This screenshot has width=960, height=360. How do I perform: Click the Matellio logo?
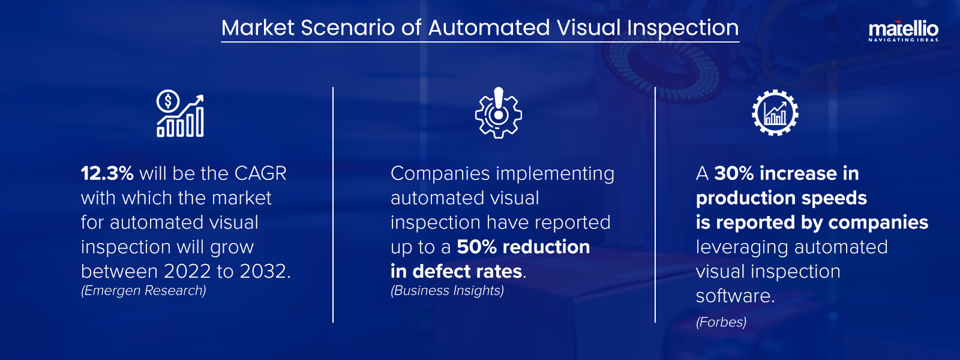click(903, 31)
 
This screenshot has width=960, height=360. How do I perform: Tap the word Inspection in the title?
click(683, 28)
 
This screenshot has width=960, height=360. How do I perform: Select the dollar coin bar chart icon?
click(180, 115)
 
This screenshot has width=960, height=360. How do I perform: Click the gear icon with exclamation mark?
click(498, 113)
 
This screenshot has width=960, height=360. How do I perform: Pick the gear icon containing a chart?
click(775, 113)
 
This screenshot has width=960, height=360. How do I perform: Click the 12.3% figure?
click(107, 173)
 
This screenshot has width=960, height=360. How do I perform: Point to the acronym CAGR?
click(260, 173)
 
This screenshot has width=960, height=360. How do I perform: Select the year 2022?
click(187, 271)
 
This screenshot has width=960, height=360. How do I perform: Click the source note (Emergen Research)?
click(143, 290)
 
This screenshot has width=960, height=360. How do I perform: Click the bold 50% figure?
click(476, 247)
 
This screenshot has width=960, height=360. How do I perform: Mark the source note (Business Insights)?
click(447, 290)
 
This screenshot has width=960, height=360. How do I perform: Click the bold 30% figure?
click(733, 173)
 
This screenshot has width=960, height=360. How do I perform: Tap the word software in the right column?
click(734, 296)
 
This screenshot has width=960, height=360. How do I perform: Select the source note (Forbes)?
click(721, 322)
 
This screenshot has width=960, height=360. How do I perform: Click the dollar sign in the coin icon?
click(168, 101)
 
